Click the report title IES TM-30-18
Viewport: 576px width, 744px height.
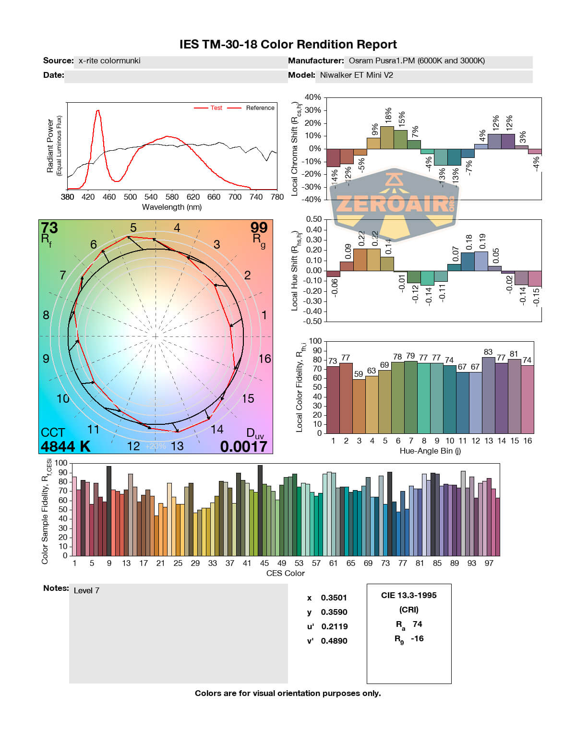[x=288, y=45]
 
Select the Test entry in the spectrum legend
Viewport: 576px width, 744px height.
[x=216, y=108]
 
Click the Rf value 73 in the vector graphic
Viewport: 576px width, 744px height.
[x=49, y=228]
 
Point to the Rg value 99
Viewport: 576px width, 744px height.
[x=259, y=228]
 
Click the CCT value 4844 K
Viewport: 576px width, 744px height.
[x=65, y=446]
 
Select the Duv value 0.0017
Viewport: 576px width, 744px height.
[x=243, y=446]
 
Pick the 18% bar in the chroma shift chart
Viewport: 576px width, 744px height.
[x=387, y=137]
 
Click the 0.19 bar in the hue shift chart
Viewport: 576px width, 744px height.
[x=481, y=261]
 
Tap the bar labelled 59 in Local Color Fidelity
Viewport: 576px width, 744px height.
[x=359, y=406]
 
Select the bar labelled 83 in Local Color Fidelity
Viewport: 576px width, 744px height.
[x=488, y=395]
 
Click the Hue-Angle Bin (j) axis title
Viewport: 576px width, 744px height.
[x=430, y=451]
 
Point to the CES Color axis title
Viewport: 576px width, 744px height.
[x=285, y=573]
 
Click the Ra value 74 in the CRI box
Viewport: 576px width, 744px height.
[x=417, y=624]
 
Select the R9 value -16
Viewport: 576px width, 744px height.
[x=417, y=638]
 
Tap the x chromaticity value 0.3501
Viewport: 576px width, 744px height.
[x=334, y=598]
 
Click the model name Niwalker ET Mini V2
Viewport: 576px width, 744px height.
[x=356, y=75]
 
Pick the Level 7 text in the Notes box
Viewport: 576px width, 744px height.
[x=86, y=590]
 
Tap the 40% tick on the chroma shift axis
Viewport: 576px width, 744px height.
[x=312, y=97]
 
